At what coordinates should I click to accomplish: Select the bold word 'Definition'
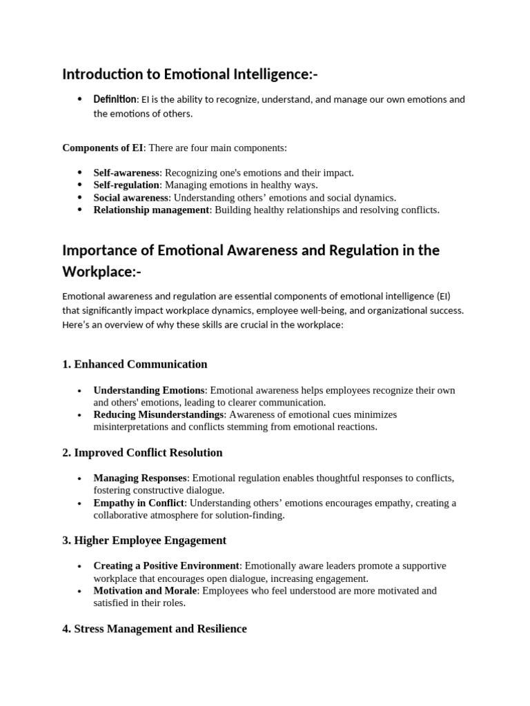[x=115, y=99]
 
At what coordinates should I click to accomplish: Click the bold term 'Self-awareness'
[x=126, y=172]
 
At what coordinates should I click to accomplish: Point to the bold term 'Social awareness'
[x=131, y=197]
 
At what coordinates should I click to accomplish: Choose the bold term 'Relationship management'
[x=151, y=210]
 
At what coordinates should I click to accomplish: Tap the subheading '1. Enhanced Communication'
[x=135, y=364]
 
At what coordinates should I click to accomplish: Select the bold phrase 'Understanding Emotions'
[x=149, y=390]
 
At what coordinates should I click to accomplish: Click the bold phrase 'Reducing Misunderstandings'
[x=159, y=414]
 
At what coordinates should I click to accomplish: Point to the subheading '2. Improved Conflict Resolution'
[x=142, y=452]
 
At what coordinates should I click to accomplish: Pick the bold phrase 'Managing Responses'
[x=140, y=478]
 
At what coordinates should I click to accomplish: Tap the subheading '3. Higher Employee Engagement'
[x=144, y=541]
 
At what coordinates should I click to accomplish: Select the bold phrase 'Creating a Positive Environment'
[x=166, y=565]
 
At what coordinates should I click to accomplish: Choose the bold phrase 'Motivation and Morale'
[x=146, y=590]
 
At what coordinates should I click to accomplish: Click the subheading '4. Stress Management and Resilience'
[x=155, y=629]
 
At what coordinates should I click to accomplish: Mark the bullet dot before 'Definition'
[x=81, y=100]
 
